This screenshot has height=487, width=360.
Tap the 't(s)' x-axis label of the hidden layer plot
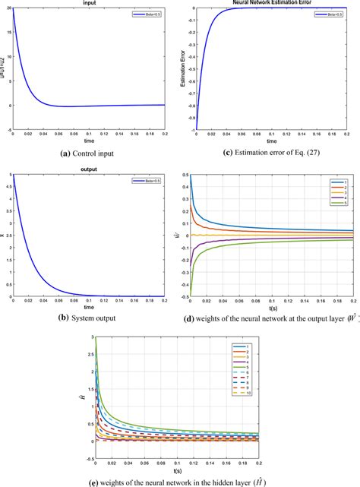pyautogui.click(x=173, y=471)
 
